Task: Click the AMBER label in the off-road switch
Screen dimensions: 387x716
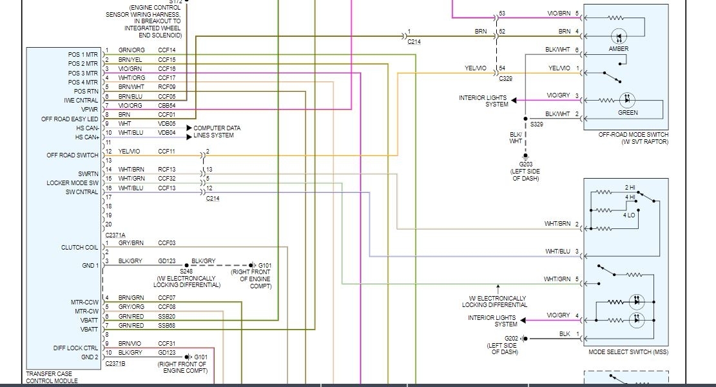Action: (618, 49)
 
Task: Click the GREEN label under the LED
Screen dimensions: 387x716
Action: (627, 113)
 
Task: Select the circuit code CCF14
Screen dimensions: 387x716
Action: (167, 50)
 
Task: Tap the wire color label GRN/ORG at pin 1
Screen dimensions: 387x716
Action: (131, 50)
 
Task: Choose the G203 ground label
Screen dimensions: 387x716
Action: (527, 164)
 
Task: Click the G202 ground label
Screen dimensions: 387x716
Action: (511, 338)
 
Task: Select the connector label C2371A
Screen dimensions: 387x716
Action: (115, 235)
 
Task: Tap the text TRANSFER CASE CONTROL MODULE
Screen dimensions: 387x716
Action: (52, 377)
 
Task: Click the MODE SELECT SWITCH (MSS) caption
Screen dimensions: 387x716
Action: (623, 352)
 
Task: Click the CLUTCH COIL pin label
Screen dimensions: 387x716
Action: (80, 248)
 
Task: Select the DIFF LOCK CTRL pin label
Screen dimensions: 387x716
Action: (75, 348)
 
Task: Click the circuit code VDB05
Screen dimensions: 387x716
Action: (167, 123)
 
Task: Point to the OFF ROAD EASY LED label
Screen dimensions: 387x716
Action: (70, 119)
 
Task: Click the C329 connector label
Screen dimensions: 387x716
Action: (506, 78)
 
